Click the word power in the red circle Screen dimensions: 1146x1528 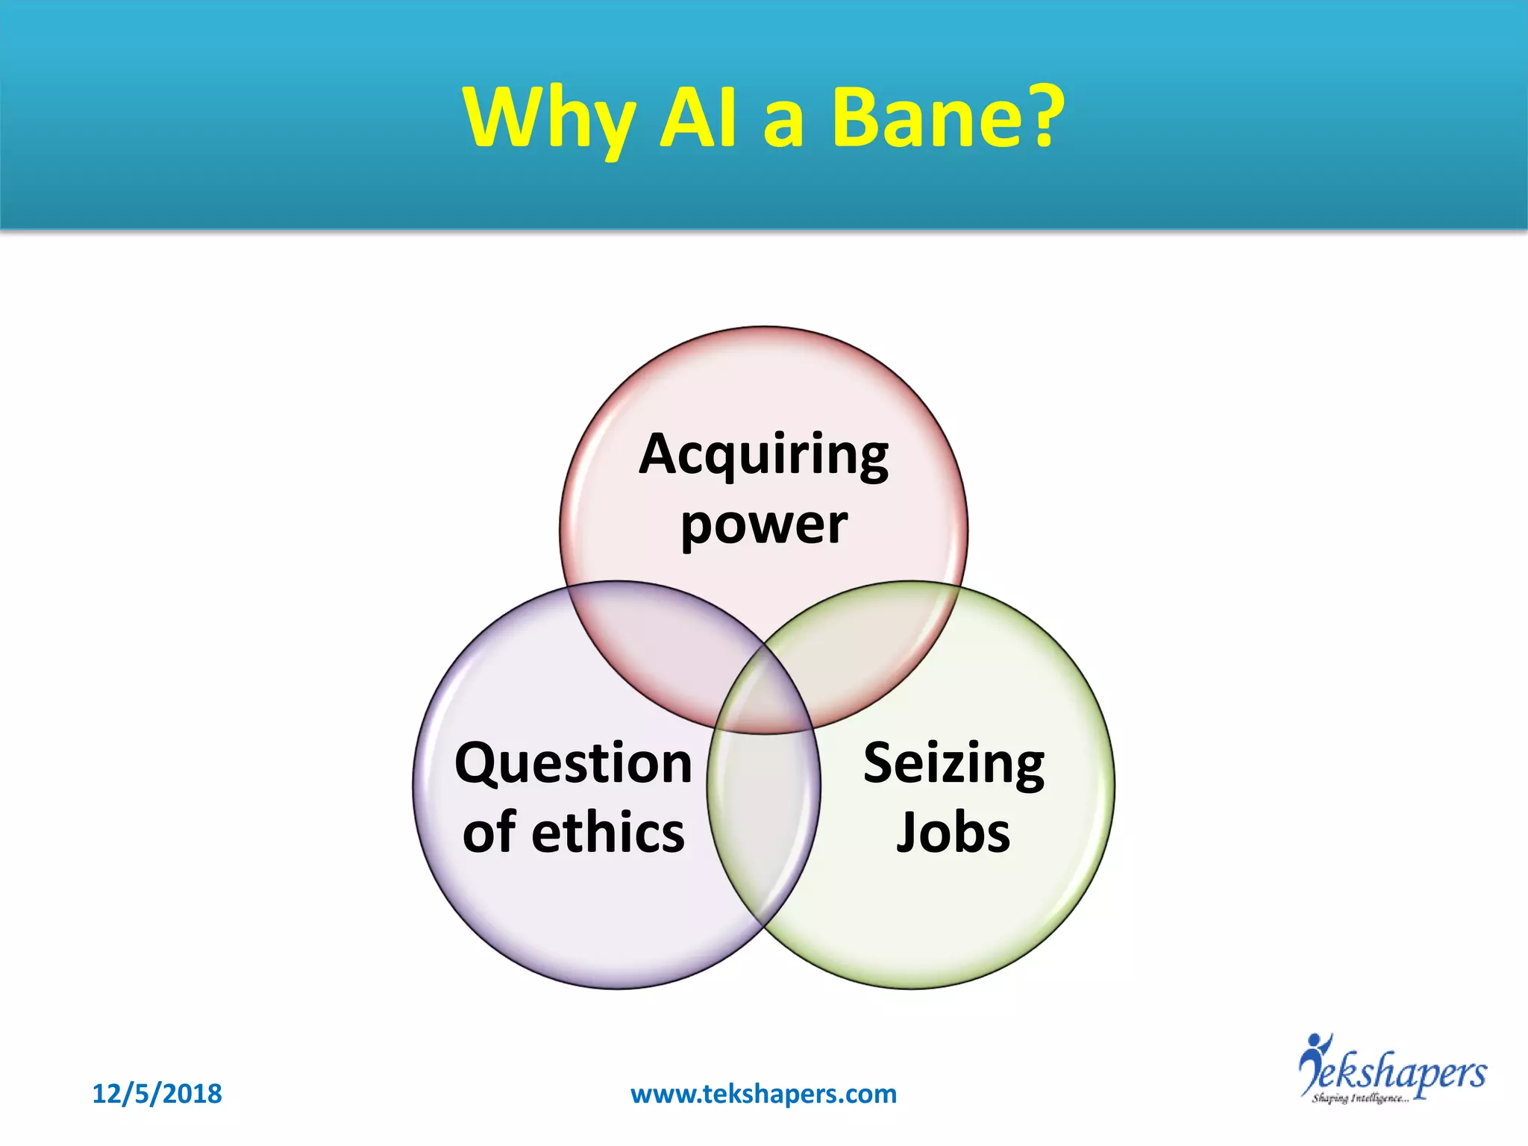coord(763,525)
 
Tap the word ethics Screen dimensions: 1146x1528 coord(607,832)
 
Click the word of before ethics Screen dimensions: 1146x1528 coord(489,832)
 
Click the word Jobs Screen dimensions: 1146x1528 coord(953,832)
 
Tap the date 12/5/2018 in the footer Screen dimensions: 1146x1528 coord(157,1094)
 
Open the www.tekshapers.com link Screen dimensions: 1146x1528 coord(763,1094)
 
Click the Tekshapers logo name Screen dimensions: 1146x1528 coord(1403,1073)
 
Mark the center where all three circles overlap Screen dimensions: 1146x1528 coord(764,694)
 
